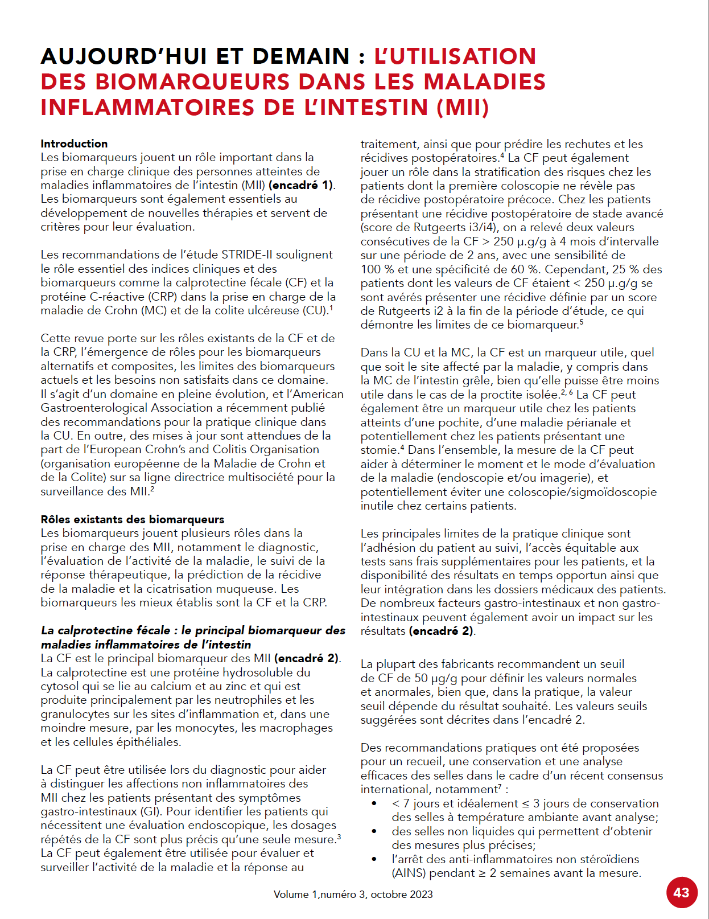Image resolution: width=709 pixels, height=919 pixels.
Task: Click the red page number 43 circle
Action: (681, 892)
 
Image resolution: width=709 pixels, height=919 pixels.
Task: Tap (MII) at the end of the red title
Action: (463, 108)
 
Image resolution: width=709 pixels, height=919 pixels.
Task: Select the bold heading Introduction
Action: (74, 143)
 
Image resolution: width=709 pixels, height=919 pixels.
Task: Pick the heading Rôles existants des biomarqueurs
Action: (132, 519)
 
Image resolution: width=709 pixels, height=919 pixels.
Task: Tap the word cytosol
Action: (61, 686)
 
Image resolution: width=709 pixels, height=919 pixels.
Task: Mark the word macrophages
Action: (298, 728)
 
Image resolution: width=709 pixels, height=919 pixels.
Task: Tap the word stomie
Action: (378, 450)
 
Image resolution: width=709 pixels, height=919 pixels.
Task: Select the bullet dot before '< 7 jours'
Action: (374, 803)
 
